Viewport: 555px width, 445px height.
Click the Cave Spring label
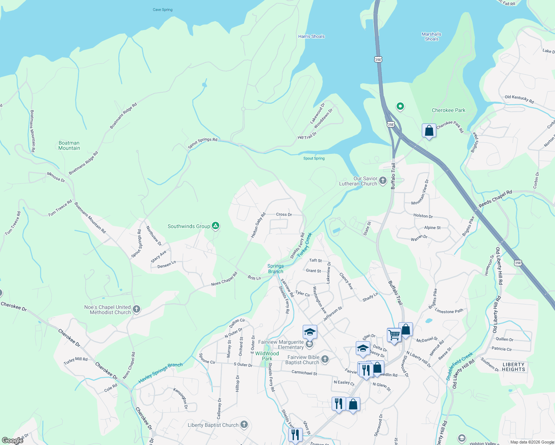(x=162, y=10)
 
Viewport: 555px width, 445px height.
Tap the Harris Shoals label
(x=311, y=36)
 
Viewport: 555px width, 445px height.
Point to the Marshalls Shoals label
(x=431, y=36)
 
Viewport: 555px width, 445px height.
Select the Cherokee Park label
(x=448, y=110)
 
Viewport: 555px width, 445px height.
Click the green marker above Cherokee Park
(x=400, y=106)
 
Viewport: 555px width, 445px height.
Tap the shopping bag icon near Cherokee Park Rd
(x=429, y=131)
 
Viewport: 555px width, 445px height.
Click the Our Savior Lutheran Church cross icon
(x=383, y=181)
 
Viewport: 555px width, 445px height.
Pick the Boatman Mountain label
(x=69, y=145)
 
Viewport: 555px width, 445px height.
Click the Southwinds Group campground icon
(x=216, y=226)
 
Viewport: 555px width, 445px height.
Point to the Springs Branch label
(x=276, y=268)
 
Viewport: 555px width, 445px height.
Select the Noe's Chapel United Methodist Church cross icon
(x=136, y=309)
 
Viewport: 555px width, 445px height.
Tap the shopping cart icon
(x=394, y=335)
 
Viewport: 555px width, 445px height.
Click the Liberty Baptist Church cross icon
(x=244, y=425)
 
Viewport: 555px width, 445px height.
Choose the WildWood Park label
(x=267, y=356)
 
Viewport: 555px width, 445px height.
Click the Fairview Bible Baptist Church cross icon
(x=325, y=359)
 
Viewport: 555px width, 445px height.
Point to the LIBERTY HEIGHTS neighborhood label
(x=513, y=367)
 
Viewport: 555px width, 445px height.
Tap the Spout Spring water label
(x=314, y=158)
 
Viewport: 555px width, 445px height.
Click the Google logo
(x=12, y=441)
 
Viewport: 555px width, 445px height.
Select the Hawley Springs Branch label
(x=160, y=373)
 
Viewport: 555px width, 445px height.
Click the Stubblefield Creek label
(x=459, y=366)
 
